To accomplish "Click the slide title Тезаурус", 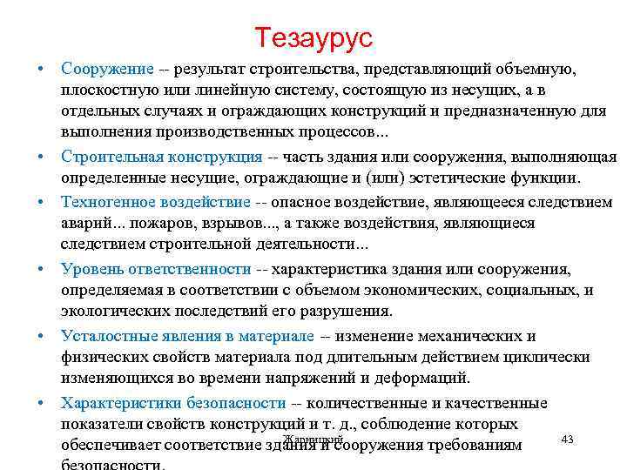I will click(x=313, y=37).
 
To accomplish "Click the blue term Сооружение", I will click(x=107, y=69).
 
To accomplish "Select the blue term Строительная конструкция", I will click(x=161, y=158).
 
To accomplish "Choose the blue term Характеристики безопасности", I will click(x=173, y=403).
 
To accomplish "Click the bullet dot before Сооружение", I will click(x=41, y=69).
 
